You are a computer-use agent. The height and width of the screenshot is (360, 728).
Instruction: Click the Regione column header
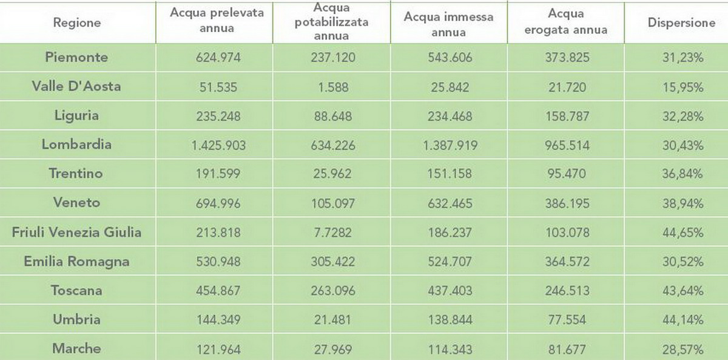[77, 23]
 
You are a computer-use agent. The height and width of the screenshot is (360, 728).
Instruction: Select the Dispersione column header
[681, 23]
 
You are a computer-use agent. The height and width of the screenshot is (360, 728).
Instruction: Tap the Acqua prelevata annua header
[217, 21]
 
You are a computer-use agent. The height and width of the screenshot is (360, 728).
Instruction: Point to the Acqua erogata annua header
[566, 21]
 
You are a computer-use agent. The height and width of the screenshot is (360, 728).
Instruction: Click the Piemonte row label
[77, 57]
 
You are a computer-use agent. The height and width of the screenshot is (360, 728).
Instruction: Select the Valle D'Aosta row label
[76, 86]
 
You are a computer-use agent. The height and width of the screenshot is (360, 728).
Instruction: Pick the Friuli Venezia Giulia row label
[77, 232]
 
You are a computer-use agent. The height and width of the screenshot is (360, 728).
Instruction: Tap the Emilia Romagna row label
[77, 262]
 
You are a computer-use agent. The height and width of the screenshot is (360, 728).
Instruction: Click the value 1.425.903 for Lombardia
[218, 145]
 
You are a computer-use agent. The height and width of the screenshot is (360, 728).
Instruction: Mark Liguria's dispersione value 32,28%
[682, 116]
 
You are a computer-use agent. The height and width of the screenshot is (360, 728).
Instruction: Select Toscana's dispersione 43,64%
[682, 291]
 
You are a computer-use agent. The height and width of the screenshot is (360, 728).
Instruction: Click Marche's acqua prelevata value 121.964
[218, 349]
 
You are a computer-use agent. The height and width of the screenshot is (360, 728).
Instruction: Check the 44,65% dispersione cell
[682, 233]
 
